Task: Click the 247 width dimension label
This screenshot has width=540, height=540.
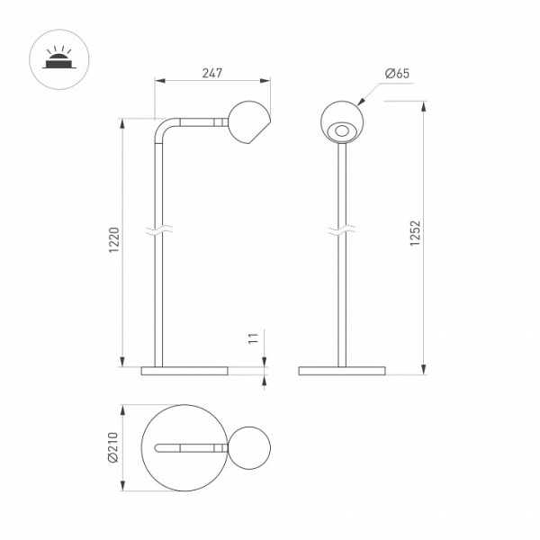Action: pyautogui.click(x=212, y=73)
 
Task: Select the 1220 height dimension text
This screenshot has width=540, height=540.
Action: pyautogui.click(x=114, y=240)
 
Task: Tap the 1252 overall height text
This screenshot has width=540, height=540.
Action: pyautogui.click(x=415, y=233)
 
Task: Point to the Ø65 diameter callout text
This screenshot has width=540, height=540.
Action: pyautogui.click(x=397, y=74)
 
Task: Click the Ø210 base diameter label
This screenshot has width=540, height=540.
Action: pyautogui.click(x=113, y=447)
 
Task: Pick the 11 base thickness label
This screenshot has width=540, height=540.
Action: pyautogui.click(x=253, y=338)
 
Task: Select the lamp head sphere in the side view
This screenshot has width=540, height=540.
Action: pyautogui.click(x=249, y=122)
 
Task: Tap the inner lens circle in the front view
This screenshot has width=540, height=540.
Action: pyautogui.click(x=342, y=130)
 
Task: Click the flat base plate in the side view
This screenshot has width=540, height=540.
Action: pyautogui.click(x=184, y=371)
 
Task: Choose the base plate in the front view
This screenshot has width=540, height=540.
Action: pyautogui.click(x=342, y=371)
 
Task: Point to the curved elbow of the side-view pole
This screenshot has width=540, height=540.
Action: pyautogui.click(x=164, y=129)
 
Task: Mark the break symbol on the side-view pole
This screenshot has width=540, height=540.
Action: pyautogui.click(x=158, y=230)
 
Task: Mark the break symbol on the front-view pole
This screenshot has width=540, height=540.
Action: pyautogui.click(x=342, y=230)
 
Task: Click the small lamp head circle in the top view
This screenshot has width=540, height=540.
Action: pyautogui.click(x=249, y=447)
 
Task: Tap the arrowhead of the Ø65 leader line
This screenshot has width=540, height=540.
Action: pyautogui.click(x=361, y=101)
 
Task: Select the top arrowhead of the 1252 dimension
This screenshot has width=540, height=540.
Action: pyautogui.click(x=424, y=106)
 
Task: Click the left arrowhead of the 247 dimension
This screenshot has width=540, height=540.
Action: pyautogui.click(x=160, y=81)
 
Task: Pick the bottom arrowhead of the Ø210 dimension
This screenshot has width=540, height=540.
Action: pyautogui.click(x=122, y=486)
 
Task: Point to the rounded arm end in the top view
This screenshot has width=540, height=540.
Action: pyautogui.click(x=158, y=447)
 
